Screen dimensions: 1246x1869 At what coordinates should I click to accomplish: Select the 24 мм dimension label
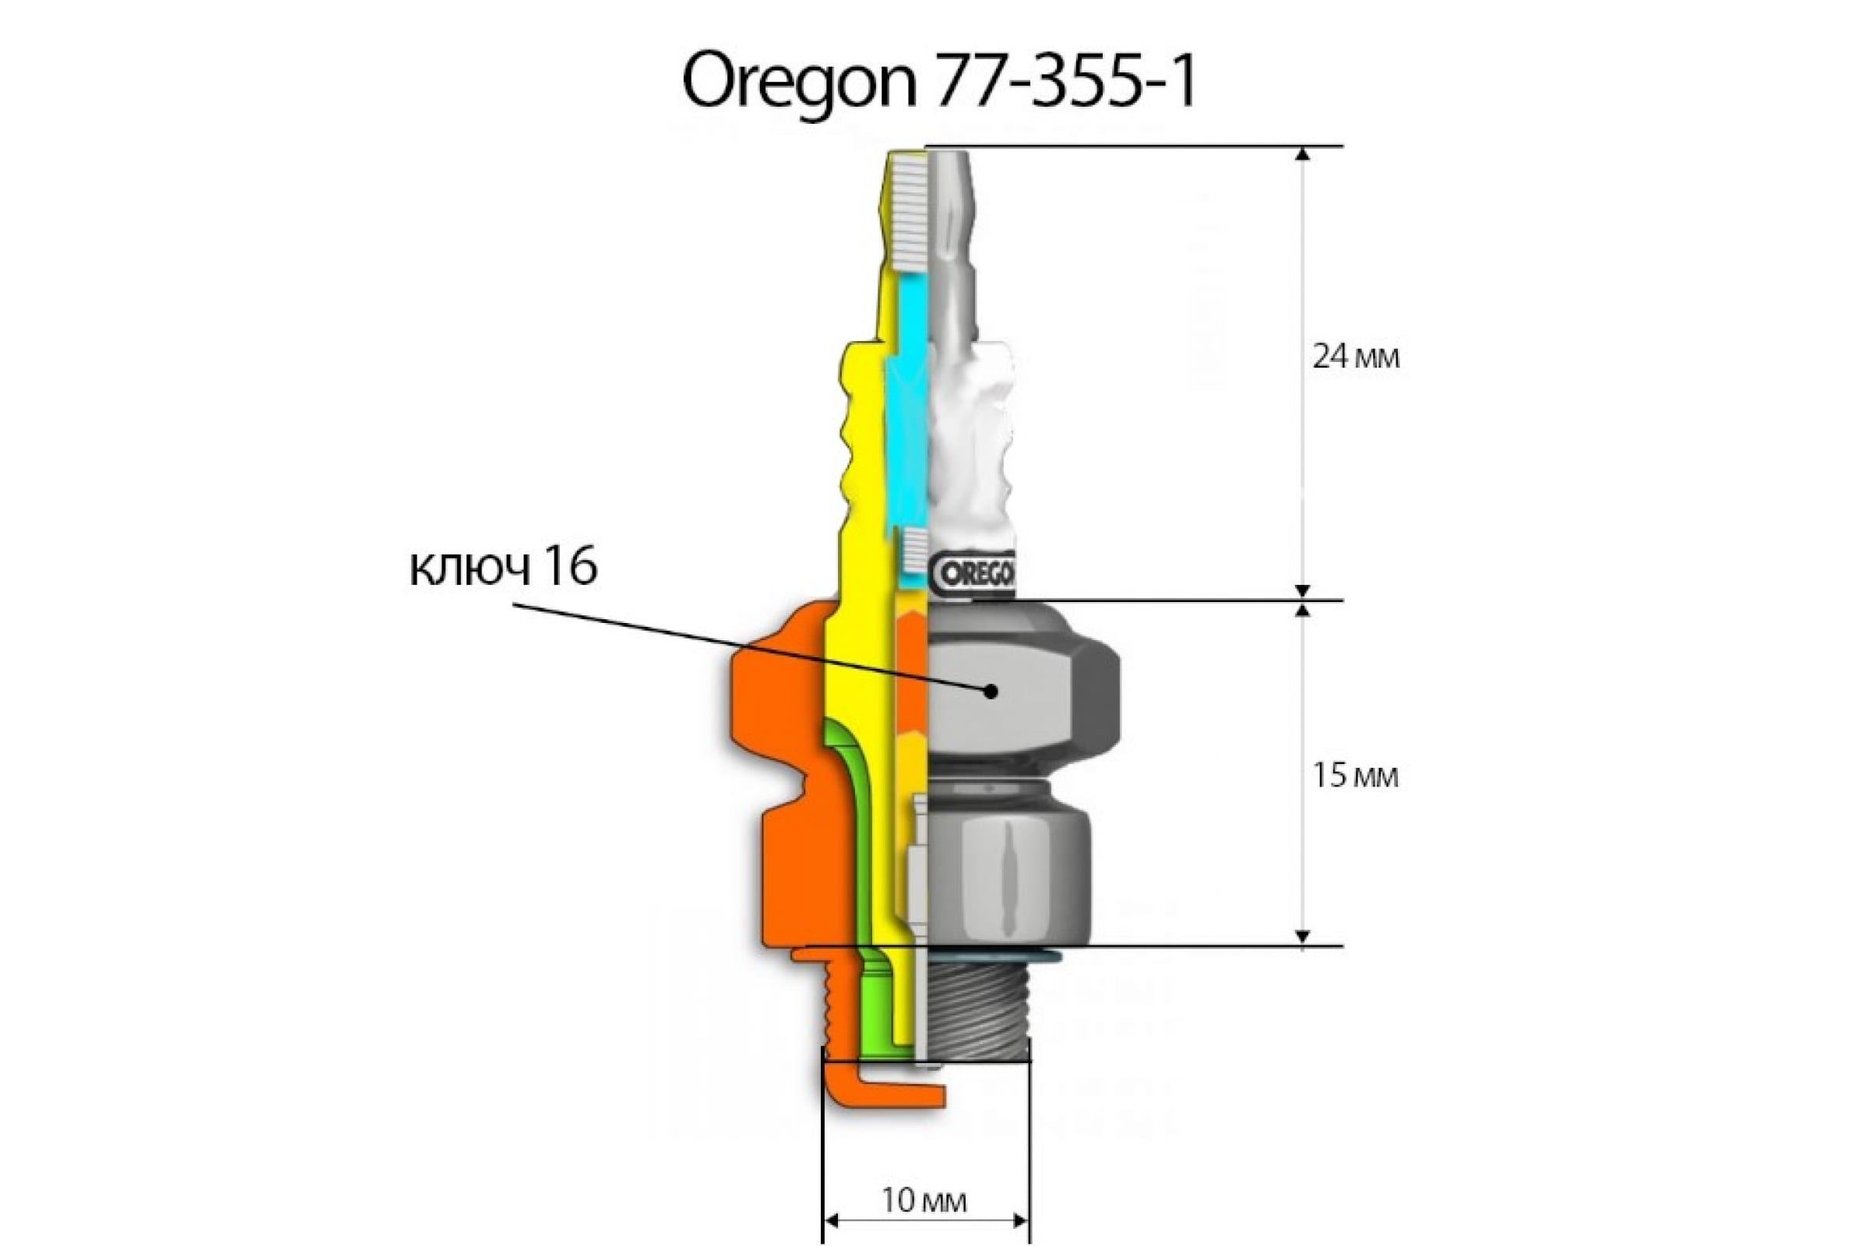click(1355, 357)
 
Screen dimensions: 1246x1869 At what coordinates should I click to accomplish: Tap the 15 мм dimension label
click(1354, 776)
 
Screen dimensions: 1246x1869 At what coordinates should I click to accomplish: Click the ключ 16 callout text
click(503, 569)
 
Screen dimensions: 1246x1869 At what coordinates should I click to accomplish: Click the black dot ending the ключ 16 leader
click(990, 691)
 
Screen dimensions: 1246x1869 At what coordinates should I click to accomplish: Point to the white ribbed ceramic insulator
click(973, 445)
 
